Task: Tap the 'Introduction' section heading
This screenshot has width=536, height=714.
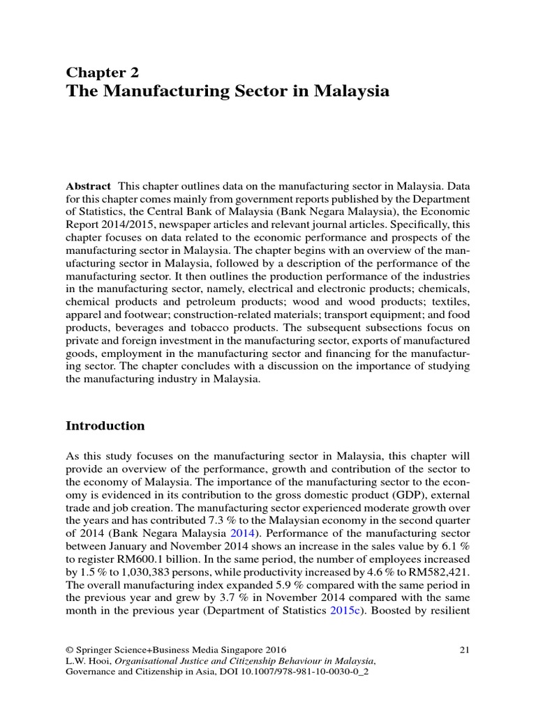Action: click(x=105, y=425)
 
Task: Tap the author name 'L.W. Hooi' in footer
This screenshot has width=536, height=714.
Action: click(x=87, y=660)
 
